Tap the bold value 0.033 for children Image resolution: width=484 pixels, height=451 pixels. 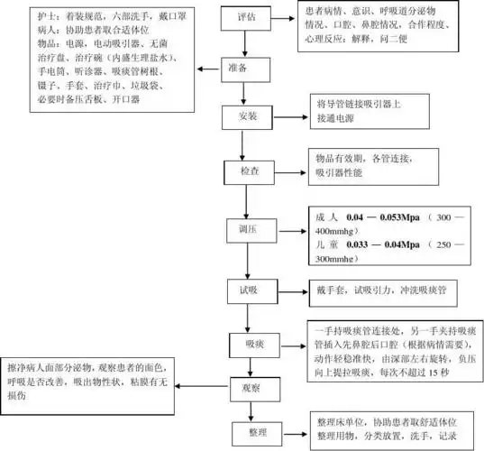361,244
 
